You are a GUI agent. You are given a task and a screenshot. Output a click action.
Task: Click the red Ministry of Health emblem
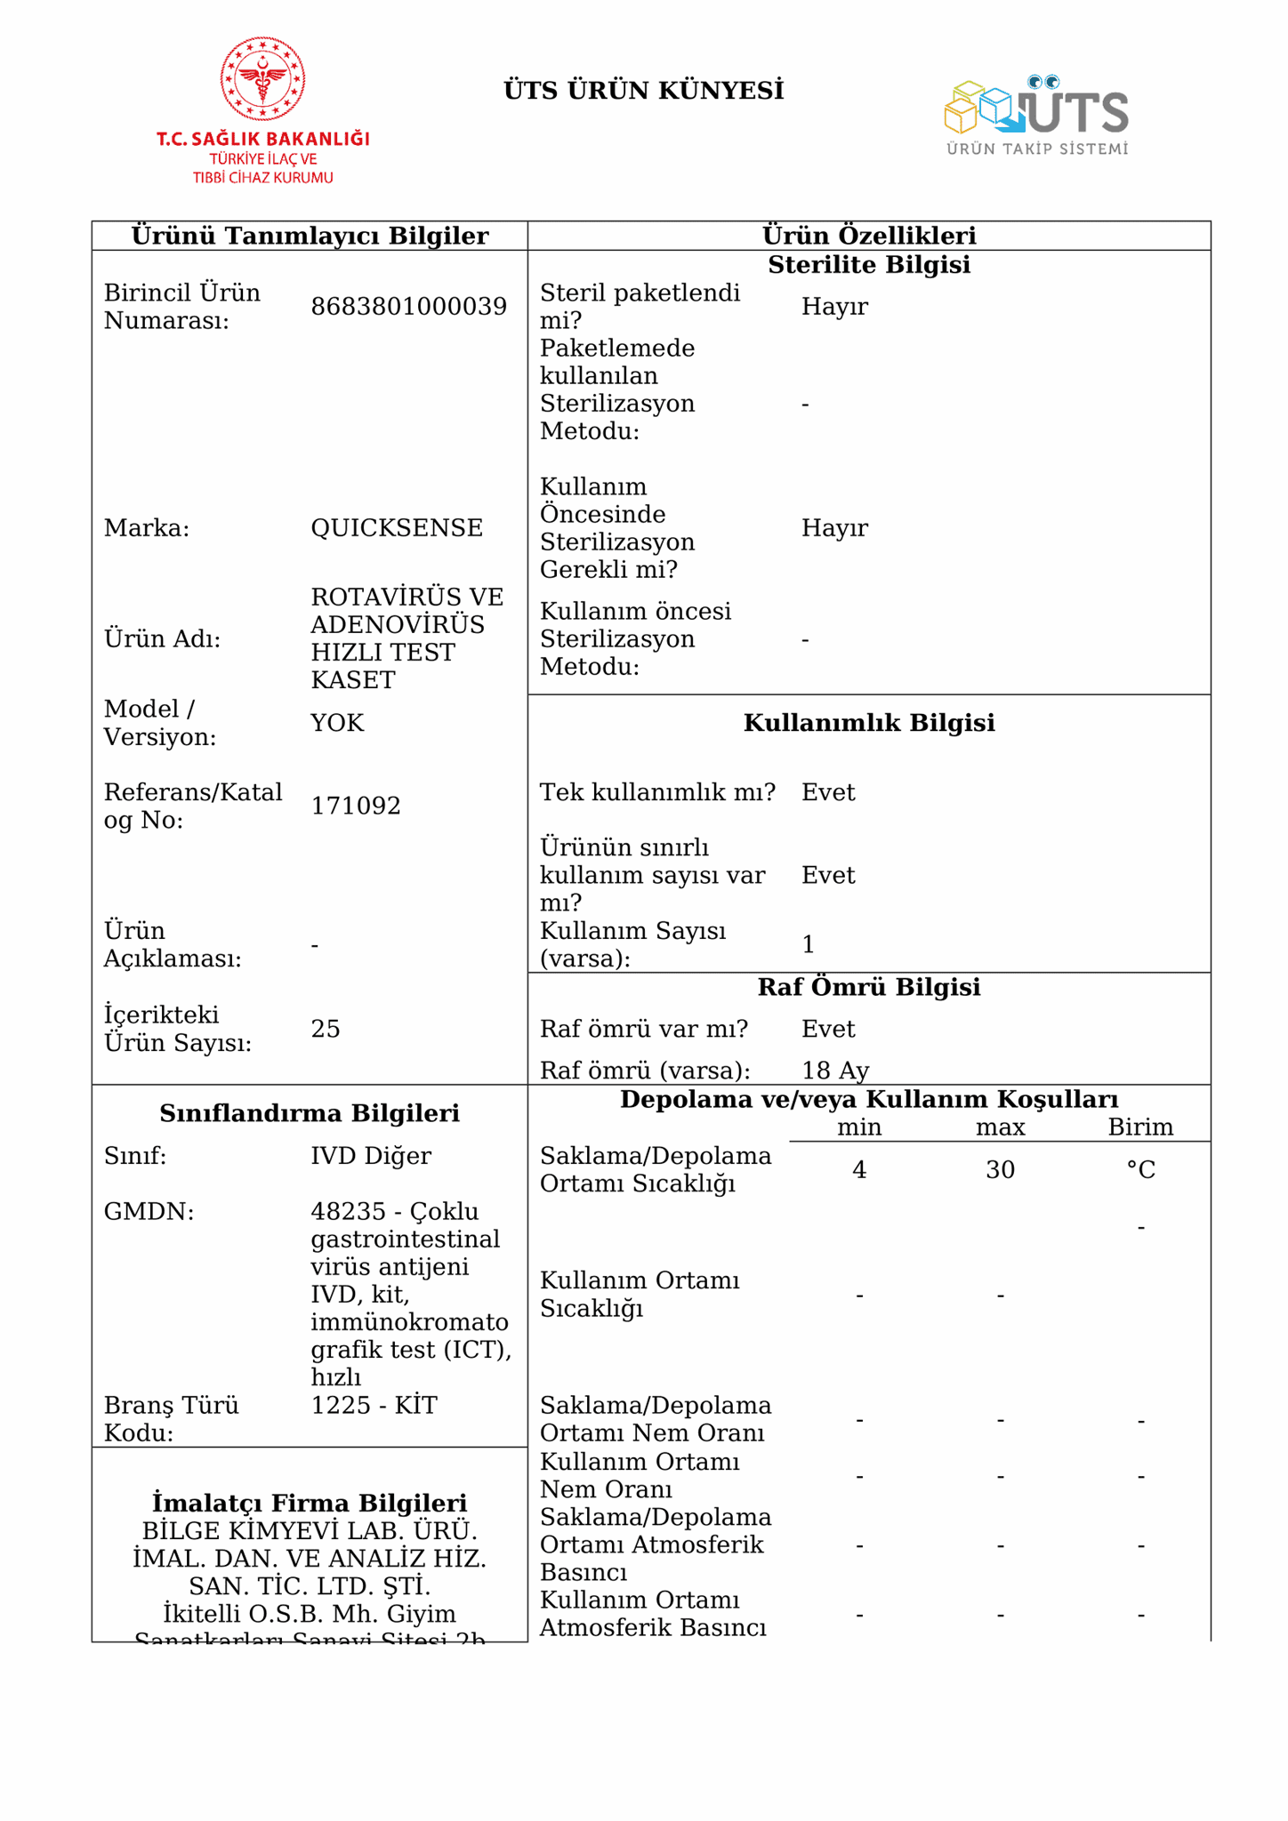[262, 79]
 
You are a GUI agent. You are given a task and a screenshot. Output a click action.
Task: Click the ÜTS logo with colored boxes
[1036, 114]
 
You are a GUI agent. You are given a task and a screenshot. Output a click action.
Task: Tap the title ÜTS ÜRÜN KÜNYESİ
[643, 91]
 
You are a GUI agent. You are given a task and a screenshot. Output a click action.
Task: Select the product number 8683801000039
[408, 307]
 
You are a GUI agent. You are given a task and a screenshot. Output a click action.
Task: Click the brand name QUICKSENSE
[397, 528]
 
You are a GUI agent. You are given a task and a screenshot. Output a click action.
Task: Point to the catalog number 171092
[356, 806]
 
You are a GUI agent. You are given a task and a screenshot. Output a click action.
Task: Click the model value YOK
[337, 723]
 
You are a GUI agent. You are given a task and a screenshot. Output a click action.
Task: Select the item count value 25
[326, 1029]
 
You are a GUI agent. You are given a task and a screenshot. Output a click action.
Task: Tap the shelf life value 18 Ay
[835, 1070]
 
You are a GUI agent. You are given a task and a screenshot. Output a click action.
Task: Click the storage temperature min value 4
[858, 1169]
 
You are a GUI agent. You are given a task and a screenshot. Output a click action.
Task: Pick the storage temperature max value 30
[1000, 1169]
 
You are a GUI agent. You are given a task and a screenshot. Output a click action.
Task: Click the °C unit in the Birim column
[1140, 1169]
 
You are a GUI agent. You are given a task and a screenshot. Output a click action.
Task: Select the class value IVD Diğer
[371, 1156]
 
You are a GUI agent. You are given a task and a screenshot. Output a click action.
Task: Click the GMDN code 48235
[336, 1212]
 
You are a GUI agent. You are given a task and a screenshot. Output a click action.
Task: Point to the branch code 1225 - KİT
[374, 1406]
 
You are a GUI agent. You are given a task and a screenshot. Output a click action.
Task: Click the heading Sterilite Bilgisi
[868, 265]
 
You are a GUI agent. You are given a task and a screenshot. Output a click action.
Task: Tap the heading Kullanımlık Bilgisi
[868, 723]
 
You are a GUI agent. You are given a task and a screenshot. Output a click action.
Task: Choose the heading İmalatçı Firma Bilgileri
[310, 1503]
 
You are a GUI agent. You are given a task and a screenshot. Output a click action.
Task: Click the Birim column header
[1140, 1127]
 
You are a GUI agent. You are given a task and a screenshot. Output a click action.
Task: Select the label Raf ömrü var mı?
[644, 1029]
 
